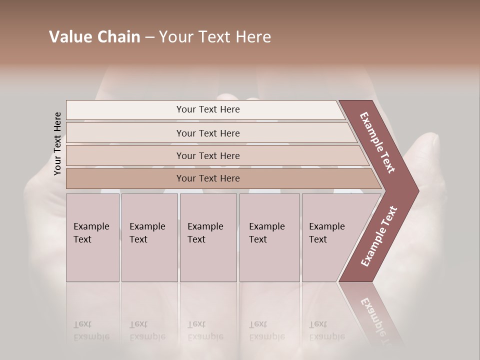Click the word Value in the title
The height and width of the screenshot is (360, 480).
coord(69,37)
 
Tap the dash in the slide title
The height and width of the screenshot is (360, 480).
coord(149,37)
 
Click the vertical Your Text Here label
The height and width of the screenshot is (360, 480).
coord(57,144)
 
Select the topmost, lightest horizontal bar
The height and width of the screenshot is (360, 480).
coord(208,109)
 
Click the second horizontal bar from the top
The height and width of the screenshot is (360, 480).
coord(208,133)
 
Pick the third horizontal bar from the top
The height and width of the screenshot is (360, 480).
coord(208,155)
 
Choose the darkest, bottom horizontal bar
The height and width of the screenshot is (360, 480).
coord(208,178)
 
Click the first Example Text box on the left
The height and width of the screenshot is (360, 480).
coord(92,237)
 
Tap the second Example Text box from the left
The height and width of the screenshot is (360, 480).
coord(149,237)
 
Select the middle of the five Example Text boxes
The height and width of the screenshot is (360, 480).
coord(208,237)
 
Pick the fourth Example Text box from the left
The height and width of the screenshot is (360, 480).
coord(269,237)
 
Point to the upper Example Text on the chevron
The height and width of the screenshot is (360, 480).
coord(377,142)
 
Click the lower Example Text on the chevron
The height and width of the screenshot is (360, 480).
coord(378,236)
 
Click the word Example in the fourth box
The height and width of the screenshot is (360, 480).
coord(267,226)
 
